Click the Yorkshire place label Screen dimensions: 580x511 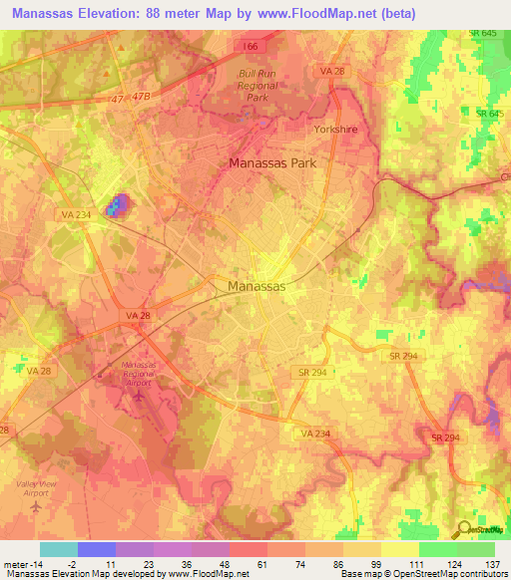[x=335, y=130]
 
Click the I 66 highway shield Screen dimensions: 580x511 [x=249, y=46]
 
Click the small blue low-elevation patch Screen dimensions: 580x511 [x=119, y=205]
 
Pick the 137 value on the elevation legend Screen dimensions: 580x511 [x=491, y=563]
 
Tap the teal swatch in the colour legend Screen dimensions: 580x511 [x=58, y=549]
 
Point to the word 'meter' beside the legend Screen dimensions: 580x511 [x=16, y=563]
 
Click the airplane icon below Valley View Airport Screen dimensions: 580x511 [x=37, y=505]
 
